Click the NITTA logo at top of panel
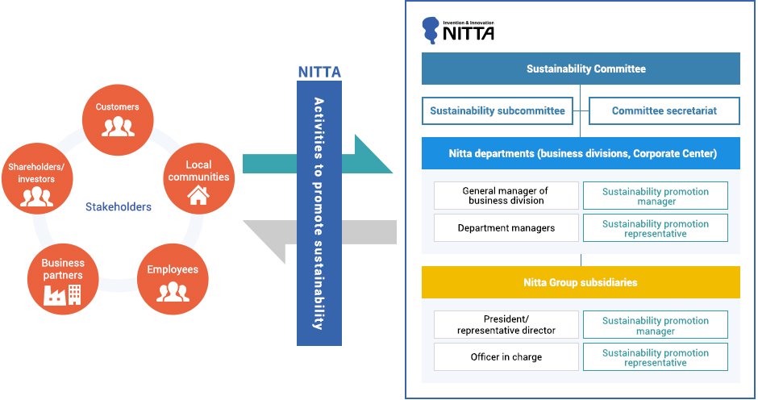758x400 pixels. click(x=459, y=30)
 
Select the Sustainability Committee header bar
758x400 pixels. click(x=581, y=69)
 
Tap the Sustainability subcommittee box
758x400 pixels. click(x=497, y=111)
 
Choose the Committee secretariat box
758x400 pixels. click(x=664, y=111)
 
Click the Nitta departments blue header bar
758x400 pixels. click(x=581, y=153)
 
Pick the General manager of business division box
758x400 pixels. click(x=506, y=196)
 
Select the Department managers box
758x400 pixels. click(x=506, y=228)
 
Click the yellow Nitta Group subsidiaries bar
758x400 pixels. click(x=581, y=282)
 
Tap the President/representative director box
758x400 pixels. click(x=506, y=325)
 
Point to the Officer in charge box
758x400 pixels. click(x=506, y=357)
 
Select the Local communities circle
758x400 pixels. click(x=198, y=178)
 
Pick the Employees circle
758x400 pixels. click(x=173, y=279)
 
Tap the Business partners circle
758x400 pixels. click(x=63, y=279)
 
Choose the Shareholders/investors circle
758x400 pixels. click(x=36, y=178)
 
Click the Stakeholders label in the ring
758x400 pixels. click(x=118, y=207)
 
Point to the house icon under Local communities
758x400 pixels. click(x=198, y=194)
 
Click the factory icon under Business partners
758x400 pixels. click(x=54, y=295)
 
